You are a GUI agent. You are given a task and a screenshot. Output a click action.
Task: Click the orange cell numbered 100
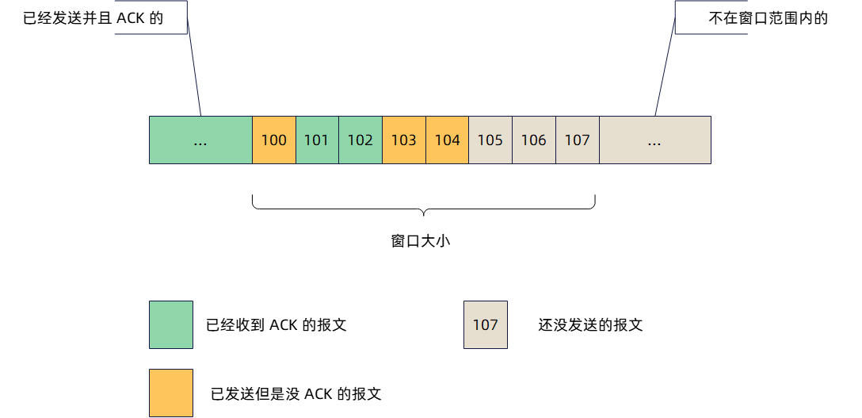click(x=274, y=140)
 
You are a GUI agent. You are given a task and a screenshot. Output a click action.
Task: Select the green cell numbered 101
click(x=317, y=140)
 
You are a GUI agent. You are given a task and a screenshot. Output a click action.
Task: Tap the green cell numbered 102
click(x=360, y=140)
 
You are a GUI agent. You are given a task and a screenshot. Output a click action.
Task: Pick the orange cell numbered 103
click(x=404, y=140)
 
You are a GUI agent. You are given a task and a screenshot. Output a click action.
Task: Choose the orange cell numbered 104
click(x=448, y=140)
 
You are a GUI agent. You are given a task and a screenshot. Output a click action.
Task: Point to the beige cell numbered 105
click(x=490, y=140)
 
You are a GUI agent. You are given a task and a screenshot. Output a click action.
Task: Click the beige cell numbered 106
click(x=534, y=140)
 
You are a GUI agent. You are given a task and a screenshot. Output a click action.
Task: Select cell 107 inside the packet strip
click(x=578, y=140)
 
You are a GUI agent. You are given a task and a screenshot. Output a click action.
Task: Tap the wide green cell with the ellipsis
click(x=200, y=140)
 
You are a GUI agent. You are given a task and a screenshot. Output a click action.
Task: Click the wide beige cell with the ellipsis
click(x=654, y=140)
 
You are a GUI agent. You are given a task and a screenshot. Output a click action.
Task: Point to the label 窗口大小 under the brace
click(x=421, y=241)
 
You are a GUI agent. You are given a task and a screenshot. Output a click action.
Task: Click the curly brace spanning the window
click(x=423, y=208)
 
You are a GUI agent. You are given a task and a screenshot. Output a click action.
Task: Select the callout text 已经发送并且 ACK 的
click(x=93, y=18)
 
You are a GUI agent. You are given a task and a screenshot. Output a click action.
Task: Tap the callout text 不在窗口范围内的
click(x=768, y=18)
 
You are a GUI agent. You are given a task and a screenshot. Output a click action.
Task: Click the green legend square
click(x=171, y=324)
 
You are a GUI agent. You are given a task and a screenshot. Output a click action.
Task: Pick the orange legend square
click(x=171, y=393)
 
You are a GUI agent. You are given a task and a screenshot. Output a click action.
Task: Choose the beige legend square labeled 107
click(x=486, y=324)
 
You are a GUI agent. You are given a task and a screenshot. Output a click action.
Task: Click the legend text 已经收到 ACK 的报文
click(x=276, y=325)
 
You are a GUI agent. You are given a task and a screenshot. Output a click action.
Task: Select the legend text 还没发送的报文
click(x=590, y=325)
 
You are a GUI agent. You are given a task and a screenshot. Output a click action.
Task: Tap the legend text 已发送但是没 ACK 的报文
click(x=296, y=393)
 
